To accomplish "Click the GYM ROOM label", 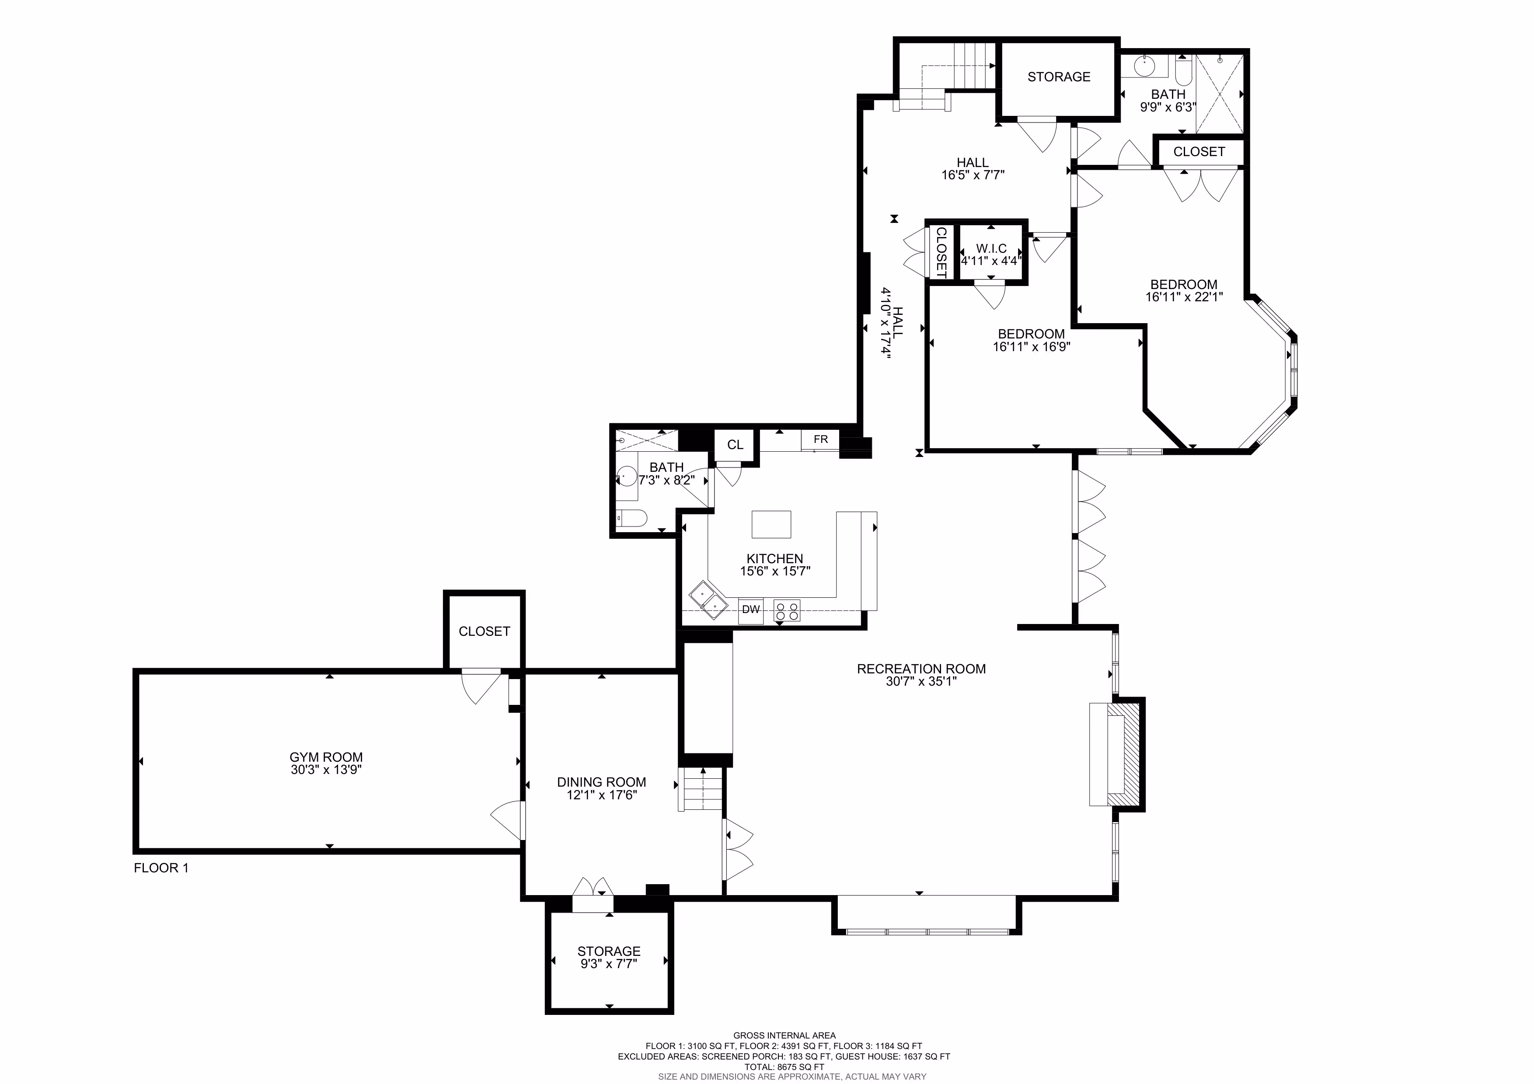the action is click(x=326, y=757).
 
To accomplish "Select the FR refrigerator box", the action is click(x=820, y=439).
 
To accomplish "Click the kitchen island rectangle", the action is click(x=772, y=524).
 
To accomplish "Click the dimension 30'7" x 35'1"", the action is click(x=921, y=682).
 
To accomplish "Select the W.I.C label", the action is click(x=991, y=248).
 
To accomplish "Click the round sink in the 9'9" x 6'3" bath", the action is click(x=1144, y=66).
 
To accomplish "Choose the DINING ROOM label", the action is click(x=601, y=782).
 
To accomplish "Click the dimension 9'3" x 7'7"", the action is click(x=609, y=964).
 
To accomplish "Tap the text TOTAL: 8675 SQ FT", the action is click(x=784, y=1067).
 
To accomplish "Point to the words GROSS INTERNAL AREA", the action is click(x=784, y=1036).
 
